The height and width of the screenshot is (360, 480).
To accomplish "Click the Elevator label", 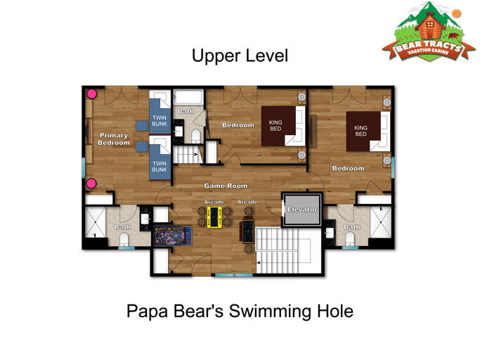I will pos(302,210).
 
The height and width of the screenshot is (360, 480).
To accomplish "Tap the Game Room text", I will pos(226,186).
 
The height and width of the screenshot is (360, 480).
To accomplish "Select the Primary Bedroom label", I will pos(115,139).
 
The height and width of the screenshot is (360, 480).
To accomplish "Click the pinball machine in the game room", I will pos(169,236).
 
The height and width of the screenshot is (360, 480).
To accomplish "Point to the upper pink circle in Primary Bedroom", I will pos(91,94).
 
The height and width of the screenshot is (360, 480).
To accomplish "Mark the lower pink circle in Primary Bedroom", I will pos(91,184).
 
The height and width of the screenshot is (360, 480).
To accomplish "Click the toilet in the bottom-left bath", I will pos(125,241).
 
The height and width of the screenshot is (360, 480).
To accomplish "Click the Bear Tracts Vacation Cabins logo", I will pos(423,32).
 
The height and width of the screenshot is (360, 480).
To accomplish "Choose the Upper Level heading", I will pos(240,56).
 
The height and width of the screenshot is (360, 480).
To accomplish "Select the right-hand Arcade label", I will pos(247,202).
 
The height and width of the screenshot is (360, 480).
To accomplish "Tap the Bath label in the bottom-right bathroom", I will pos(352,227).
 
